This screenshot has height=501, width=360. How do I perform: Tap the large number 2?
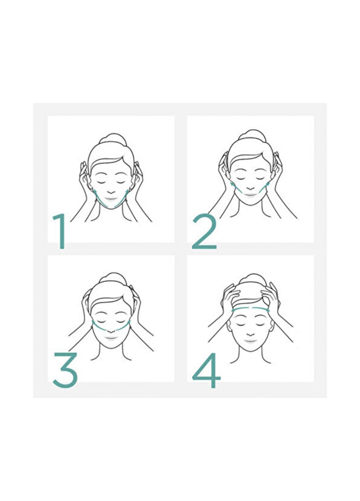[204, 232]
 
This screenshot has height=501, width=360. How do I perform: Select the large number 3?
[65, 369]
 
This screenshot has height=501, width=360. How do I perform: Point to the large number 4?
[206, 371]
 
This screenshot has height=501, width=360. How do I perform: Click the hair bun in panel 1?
[111, 140]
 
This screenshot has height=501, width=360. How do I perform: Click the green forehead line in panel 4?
[250, 308]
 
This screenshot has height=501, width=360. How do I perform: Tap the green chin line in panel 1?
[111, 206]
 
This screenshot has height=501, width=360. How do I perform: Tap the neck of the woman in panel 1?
[111, 215]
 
